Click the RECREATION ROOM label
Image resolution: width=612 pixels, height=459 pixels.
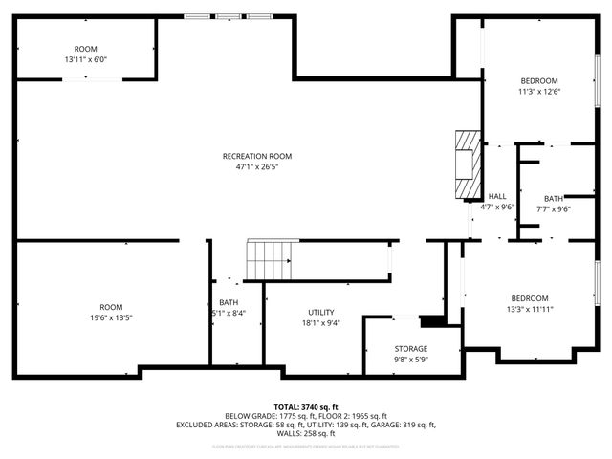(256, 156)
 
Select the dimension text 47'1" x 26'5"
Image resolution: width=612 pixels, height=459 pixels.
(256, 166)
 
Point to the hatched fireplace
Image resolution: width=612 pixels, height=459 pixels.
(465, 165)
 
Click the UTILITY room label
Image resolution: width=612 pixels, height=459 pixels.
(320, 313)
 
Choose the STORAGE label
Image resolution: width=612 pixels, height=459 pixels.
(411, 348)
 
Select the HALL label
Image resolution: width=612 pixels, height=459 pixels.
(496, 196)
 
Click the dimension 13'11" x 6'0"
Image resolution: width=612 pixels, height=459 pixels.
(86, 59)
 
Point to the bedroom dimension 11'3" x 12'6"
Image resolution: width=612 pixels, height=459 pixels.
(539, 92)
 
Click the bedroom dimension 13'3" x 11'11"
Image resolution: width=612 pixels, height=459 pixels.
(529, 309)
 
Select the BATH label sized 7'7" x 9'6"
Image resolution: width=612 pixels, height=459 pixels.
(554, 198)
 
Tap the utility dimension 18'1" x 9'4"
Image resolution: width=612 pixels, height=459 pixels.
(320, 323)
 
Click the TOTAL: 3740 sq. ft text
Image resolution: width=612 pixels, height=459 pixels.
(306, 406)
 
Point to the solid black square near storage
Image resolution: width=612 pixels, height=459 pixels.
(432, 322)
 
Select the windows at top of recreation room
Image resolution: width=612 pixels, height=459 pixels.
(228, 15)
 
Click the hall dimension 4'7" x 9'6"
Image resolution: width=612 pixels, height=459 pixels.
(496, 207)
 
